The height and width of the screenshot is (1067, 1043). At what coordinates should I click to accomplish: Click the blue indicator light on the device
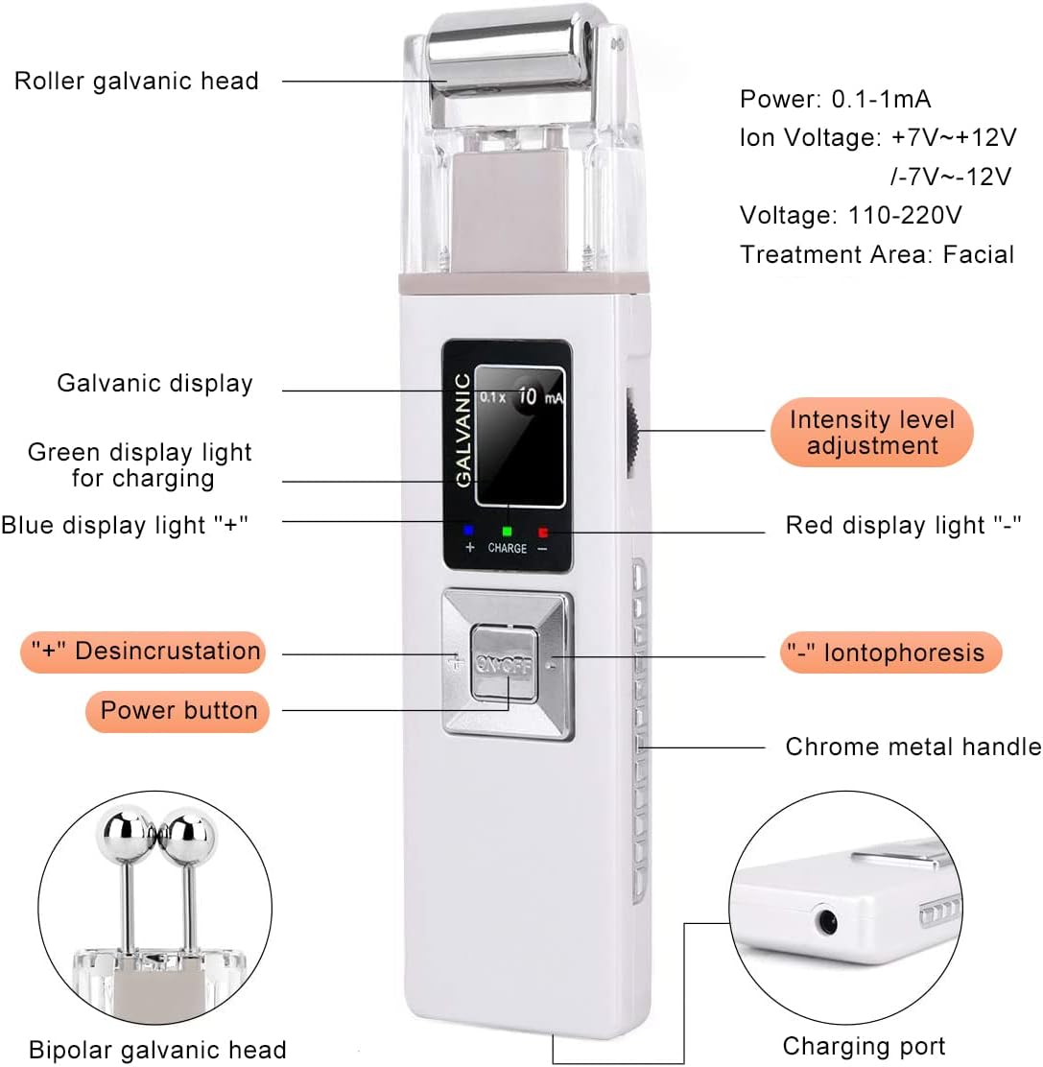tap(469, 530)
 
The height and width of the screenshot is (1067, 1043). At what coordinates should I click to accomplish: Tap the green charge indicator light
tap(507, 530)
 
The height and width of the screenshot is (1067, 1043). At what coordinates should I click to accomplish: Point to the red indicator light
tap(543, 530)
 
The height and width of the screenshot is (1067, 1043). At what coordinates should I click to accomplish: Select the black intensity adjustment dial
tap(634, 431)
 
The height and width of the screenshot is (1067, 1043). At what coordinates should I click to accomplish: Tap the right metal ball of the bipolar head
tap(191, 829)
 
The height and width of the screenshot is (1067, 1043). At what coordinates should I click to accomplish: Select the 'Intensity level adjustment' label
tap(872, 433)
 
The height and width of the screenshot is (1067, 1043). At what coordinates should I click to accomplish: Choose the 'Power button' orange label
tap(179, 711)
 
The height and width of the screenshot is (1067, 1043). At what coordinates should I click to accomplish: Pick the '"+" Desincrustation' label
tap(142, 652)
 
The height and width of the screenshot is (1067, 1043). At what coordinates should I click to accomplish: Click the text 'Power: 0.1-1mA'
tap(835, 99)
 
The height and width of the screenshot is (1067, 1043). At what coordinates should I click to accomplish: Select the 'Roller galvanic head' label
tap(136, 81)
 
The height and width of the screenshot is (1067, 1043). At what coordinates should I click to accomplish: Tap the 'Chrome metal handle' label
tap(913, 747)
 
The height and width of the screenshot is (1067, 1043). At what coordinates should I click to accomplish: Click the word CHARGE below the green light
tap(507, 548)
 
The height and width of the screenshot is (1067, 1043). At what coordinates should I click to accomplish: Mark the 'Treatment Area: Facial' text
tap(876, 254)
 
